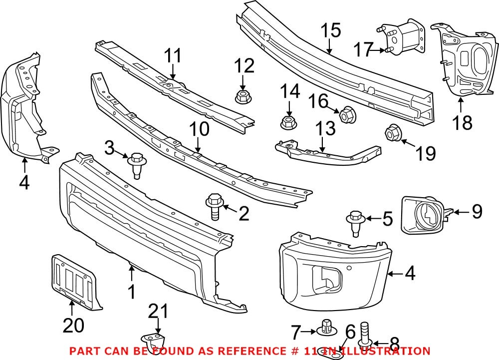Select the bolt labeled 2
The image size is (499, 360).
pyautogui.click(x=213, y=207)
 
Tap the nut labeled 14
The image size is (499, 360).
pyautogui.click(x=288, y=122)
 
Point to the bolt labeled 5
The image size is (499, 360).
pyautogui.click(x=355, y=222)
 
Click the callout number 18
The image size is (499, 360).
pyautogui.click(x=463, y=121)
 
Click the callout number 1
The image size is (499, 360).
pyautogui.click(x=132, y=292)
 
